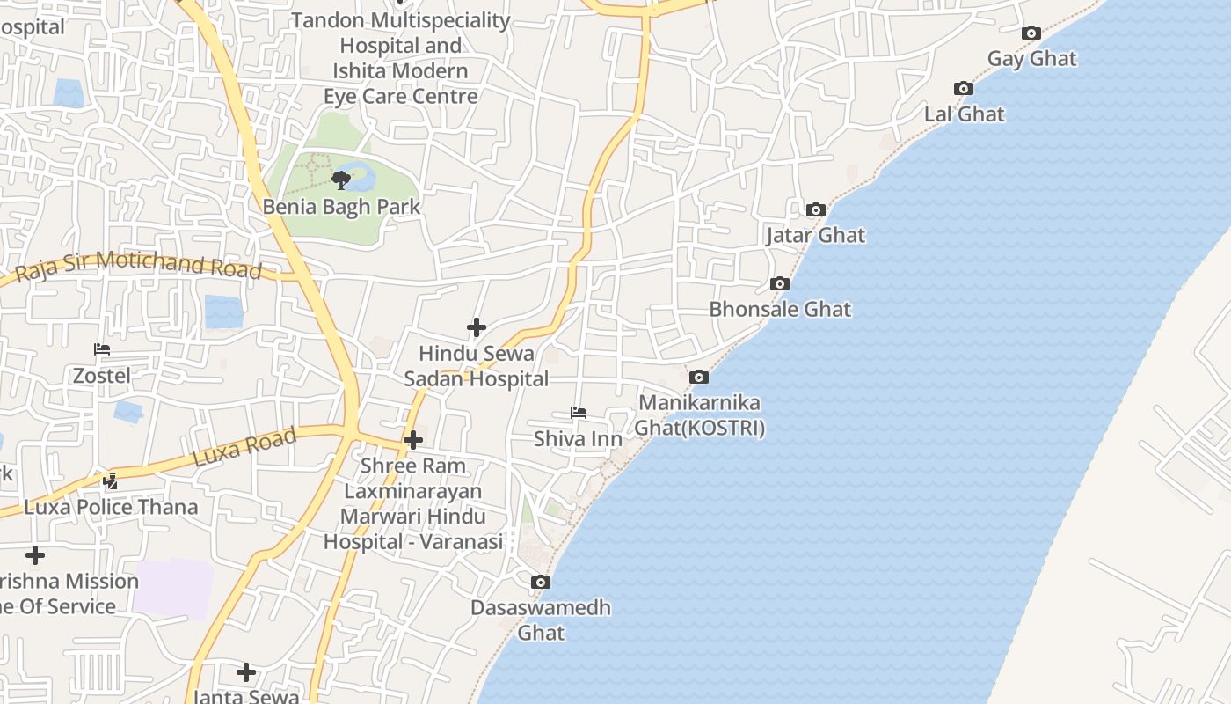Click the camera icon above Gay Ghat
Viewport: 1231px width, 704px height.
(1031, 33)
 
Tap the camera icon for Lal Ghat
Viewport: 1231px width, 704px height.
(964, 89)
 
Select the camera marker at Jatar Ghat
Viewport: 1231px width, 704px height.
(816, 210)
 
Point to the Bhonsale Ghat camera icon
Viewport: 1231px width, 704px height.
(780, 284)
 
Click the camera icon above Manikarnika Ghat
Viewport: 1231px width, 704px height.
(699, 378)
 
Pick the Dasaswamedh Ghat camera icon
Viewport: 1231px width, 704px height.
(541, 583)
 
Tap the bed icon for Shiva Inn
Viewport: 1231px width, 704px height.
(579, 413)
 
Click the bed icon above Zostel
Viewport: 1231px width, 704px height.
(102, 349)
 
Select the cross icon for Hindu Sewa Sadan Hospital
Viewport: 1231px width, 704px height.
(477, 328)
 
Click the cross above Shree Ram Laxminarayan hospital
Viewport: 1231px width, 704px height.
(413, 440)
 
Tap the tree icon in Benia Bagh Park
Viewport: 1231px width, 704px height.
(341, 180)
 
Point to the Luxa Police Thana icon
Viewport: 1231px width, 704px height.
(111, 481)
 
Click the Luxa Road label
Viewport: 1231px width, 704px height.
(244, 447)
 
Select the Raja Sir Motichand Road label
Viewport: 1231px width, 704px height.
(139, 265)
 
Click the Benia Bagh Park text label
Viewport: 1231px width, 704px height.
(342, 208)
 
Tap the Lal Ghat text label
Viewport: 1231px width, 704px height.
(964, 114)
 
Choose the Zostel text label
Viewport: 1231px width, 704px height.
(102, 376)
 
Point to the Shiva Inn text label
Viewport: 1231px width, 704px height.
(579, 438)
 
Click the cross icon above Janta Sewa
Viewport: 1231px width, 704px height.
(246, 673)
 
